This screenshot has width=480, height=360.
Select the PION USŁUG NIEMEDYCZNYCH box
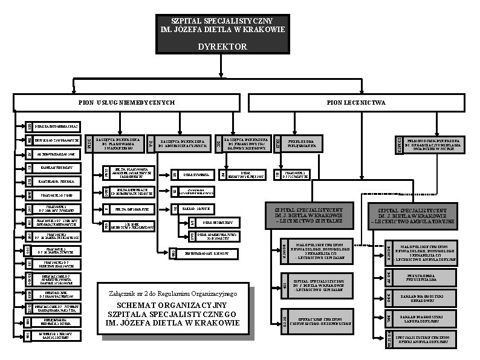point(126,102)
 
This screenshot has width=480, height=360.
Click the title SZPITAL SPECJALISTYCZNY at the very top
point(221,21)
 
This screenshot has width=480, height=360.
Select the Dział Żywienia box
point(196,174)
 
